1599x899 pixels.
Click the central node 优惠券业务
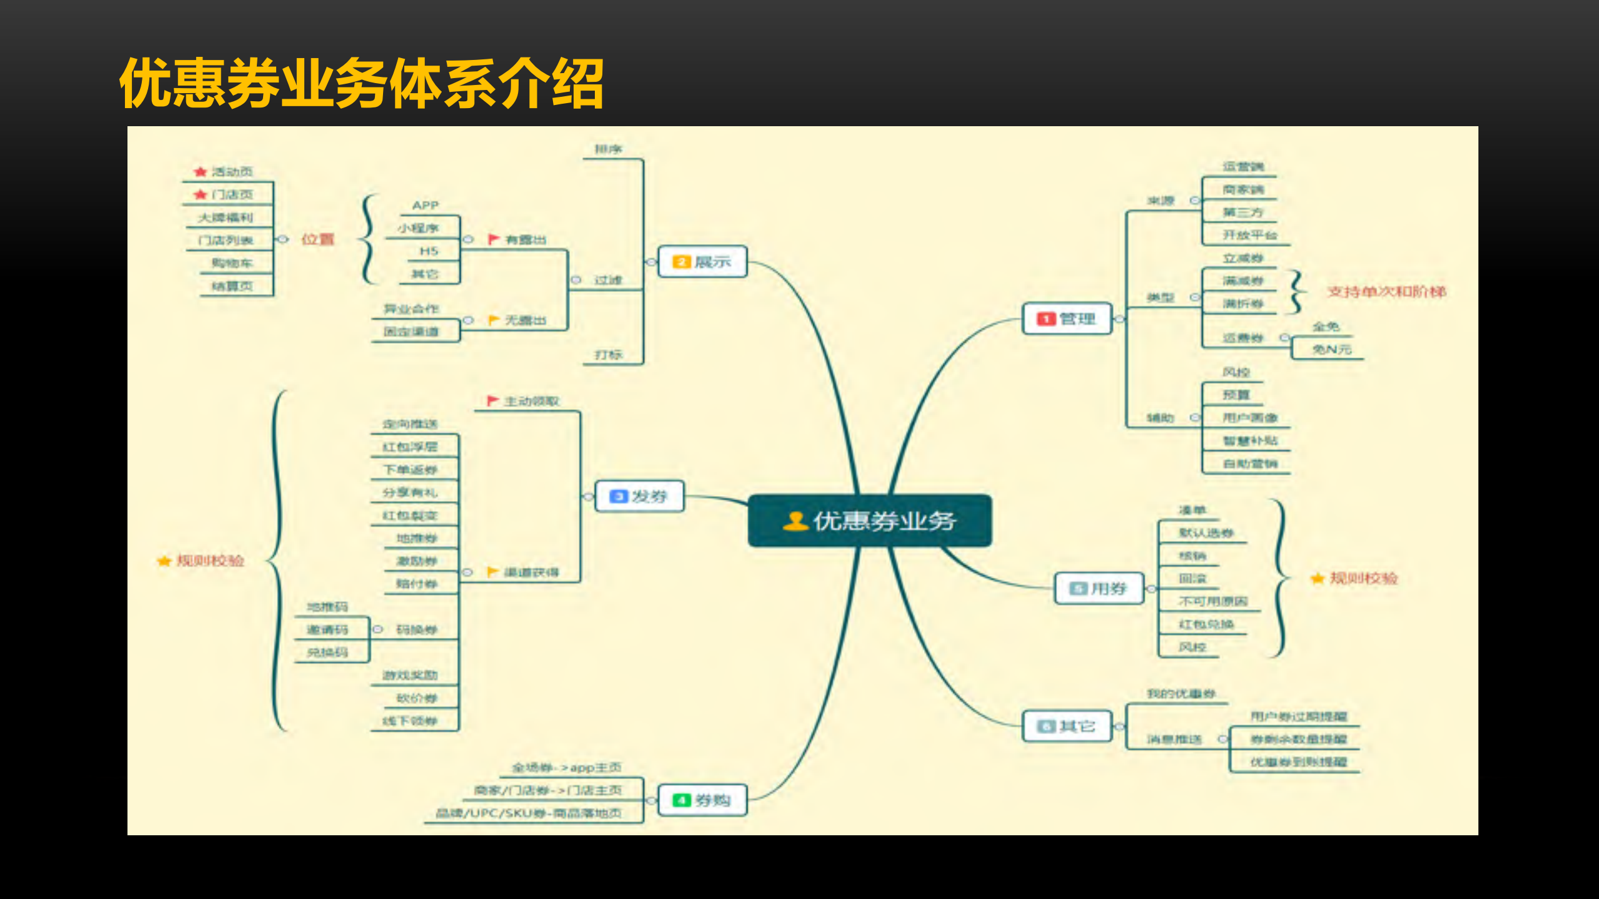point(870,521)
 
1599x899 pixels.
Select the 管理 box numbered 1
point(1067,319)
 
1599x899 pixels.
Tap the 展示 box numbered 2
point(702,262)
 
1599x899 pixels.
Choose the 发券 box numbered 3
point(639,497)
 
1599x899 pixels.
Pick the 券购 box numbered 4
point(702,800)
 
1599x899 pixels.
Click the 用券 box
point(1099,589)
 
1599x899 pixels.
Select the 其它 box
point(1067,727)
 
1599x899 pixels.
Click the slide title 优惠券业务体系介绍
point(362,83)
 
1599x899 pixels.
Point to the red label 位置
point(317,239)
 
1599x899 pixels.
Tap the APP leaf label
point(426,206)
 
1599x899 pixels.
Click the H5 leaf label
point(429,251)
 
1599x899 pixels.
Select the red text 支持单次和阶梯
point(1387,292)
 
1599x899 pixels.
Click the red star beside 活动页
point(200,172)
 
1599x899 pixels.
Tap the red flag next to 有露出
point(493,239)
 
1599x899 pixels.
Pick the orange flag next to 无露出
point(493,320)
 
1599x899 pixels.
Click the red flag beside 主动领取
point(492,400)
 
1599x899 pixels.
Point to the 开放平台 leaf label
point(1250,235)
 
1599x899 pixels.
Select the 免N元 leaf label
point(1332,349)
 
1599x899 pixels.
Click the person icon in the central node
point(795,521)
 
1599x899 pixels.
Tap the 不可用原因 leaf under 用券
point(1213,601)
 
